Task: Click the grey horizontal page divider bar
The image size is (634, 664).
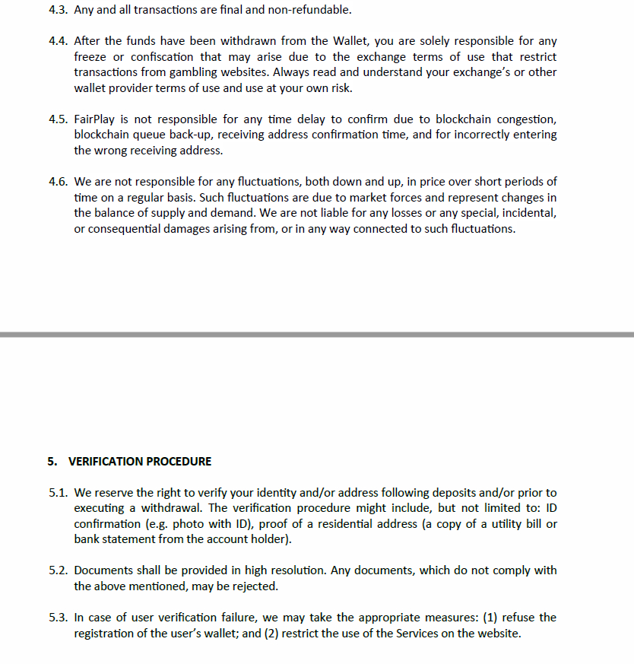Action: pyautogui.click(x=317, y=334)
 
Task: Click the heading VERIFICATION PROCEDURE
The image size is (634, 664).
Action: pyautogui.click(x=140, y=461)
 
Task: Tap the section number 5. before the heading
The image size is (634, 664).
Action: pyautogui.click(x=52, y=461)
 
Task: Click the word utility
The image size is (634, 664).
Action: pyautogui.click(x=488, y=524)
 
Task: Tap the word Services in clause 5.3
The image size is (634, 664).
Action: pyautogui.click(x=417, y=634)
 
